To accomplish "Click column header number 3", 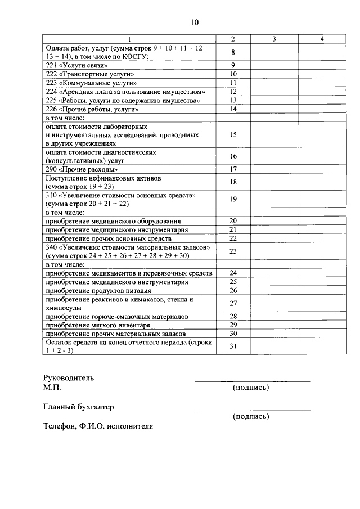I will tap(273, 39).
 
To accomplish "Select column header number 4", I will tap(321, 39).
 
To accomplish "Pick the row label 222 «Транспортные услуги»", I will tap(89, 74).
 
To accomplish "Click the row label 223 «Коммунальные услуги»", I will tap(91, 83).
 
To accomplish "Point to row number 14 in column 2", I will tap(233, 109).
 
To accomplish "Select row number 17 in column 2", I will tap(233, 169).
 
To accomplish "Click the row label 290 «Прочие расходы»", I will tap(82, 169).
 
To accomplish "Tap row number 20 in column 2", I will tap(233, 221).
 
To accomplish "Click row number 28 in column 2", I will tap(233, 317).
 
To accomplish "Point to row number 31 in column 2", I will tap(233, 346).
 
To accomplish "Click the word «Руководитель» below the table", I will tap(69, 378).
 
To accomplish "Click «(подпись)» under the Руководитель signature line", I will tap(250, 388).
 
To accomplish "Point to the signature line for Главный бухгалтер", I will tap(252, 411).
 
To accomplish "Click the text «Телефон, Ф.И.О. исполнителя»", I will tap(98, 426).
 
